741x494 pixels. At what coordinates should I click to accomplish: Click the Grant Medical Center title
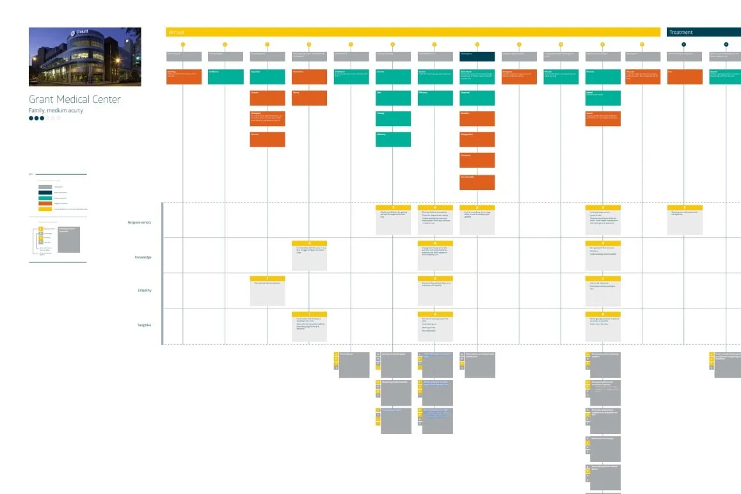click(x=74, y=99)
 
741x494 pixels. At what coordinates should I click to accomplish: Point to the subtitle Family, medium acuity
click(x=56, y=110)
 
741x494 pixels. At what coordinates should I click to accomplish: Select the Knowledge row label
click(x=142, y=257)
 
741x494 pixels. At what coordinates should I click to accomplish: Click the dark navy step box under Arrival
click(x=477, y=56)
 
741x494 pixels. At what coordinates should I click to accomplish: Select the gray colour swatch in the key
click(x=45, y=186)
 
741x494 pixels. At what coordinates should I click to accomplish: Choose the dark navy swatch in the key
click(x=45, y=192)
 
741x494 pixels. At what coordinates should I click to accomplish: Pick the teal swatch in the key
click(x=45, y=198)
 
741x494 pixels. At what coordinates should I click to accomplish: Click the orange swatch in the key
click(x=45, y=203)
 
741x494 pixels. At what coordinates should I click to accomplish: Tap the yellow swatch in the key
click(x=45, y=209)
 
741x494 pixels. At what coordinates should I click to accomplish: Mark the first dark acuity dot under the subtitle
click(x=31, y=118)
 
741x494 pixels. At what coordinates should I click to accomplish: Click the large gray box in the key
click(x=69, y=238)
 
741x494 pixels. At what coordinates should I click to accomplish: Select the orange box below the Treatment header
click(x=684, y=77)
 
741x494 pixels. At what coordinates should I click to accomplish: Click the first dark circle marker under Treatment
click(x=684, y=44)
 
